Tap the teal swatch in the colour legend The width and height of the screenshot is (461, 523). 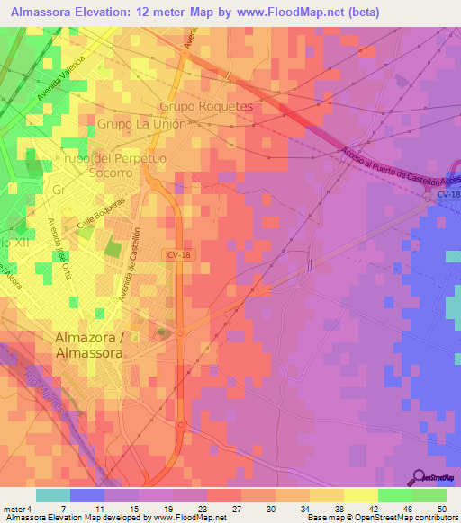[x=52, y=495]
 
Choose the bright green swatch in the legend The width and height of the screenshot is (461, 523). [x=429, y=495]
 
